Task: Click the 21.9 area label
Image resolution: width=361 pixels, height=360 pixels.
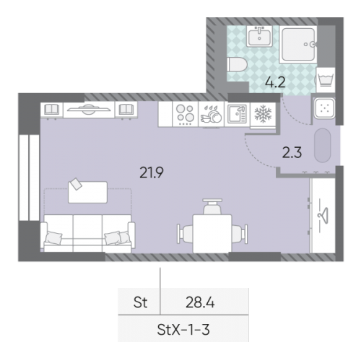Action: [x=152, y=172]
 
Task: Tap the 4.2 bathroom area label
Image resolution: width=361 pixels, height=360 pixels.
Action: [x=275, y=82]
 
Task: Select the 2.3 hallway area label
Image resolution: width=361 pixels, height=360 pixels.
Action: [x=292, y=153]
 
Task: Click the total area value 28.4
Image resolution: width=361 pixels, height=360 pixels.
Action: [x=200, y=302]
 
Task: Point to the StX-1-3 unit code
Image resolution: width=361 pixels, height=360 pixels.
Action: [x=183, y=330]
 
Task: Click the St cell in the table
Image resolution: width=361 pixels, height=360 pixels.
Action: [x=140, y=302]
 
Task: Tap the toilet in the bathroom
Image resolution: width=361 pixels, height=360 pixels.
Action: [x=237, y=64]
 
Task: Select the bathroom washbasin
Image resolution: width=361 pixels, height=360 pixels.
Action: [x=259, y=37]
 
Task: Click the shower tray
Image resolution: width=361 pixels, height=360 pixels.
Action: [x=298, y=45]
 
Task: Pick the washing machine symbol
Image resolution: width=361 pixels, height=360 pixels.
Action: [x=326, y=80]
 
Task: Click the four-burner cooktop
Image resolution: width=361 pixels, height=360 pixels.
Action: [x=185, y=114]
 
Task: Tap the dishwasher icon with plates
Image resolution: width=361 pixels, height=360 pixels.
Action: [x=211, y=114]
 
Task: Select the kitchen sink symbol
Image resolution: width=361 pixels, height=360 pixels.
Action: [x=237, y=114]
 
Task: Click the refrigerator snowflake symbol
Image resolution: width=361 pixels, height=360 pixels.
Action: [x=263, y=113]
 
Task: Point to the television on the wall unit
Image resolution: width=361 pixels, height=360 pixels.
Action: [x=89, y=109]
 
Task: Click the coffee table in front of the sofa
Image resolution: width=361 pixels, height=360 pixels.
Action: [x=87, y=192]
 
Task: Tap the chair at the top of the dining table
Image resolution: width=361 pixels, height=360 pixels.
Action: [x=212, y=206]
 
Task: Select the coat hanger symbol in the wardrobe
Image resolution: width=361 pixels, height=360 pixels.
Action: [x=323, y=215]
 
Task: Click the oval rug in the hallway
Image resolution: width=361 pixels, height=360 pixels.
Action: [x=322, y=146]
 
